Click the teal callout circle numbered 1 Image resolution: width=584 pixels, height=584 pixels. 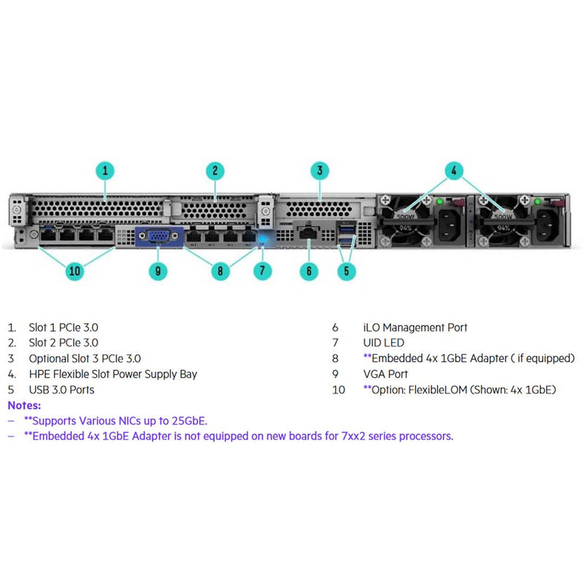[106, 172]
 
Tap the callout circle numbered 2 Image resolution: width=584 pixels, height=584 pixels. [215, 172]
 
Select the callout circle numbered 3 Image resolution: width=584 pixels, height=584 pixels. [319, 172]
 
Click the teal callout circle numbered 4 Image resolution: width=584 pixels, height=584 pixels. [453, 172]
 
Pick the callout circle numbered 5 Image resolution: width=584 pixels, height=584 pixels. [346, 271]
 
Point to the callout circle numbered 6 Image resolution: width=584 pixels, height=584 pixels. [309, 271]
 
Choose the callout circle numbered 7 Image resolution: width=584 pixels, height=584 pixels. [262, 271]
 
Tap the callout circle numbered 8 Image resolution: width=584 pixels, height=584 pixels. [220, 271]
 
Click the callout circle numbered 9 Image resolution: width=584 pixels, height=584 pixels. [158, 271]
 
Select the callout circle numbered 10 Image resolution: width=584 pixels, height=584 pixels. [75, 271]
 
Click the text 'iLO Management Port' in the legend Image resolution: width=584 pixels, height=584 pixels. [415, 328]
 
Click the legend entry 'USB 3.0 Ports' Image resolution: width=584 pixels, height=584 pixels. [61, 390]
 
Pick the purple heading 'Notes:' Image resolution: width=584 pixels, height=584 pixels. [25, 404]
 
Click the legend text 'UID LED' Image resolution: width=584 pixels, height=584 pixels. [383, 343]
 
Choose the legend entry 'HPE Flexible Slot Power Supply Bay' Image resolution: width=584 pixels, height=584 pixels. [112, 374]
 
